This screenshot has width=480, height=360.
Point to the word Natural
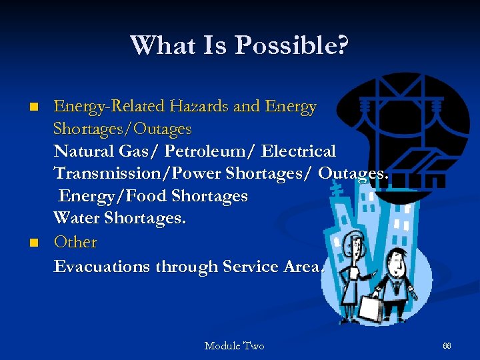click(84, 151)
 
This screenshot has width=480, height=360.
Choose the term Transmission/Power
click(137, 173)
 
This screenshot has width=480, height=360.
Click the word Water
click(79, 219)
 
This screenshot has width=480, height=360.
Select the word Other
click(75, 241)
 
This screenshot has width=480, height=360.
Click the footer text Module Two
click(234, 345)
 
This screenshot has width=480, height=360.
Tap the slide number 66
click(447, 345)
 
